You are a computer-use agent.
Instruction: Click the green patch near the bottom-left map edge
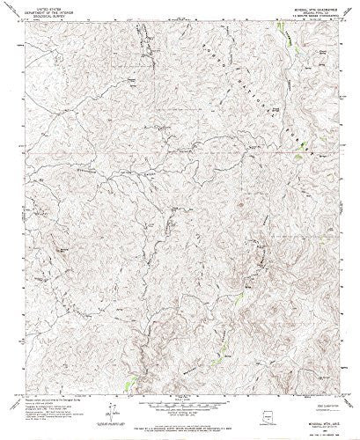(133, 358)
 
